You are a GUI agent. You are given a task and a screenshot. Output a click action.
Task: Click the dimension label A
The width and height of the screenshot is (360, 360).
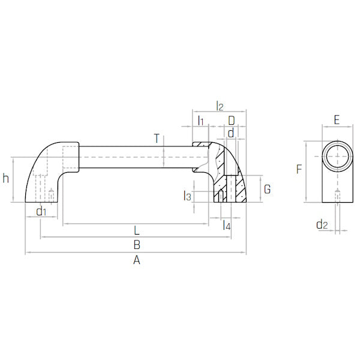(137, 260)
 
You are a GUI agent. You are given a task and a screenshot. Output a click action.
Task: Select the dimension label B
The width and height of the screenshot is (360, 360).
(137, 245)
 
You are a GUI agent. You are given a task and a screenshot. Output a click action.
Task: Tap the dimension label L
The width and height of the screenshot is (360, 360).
(137, 230)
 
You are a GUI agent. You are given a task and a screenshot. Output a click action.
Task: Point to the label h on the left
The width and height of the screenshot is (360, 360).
(6, 178)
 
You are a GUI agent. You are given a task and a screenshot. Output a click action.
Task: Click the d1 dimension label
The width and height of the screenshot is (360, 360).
(41, 211)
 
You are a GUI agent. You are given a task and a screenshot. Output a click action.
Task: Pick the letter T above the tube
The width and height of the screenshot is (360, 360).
(157, 139)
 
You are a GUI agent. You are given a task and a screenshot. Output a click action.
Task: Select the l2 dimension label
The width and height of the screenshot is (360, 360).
(220, 106)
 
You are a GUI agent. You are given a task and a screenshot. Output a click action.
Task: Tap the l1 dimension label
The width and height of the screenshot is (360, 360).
(201, 121)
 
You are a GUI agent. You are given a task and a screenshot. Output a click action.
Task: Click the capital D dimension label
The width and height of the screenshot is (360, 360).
(232, 121)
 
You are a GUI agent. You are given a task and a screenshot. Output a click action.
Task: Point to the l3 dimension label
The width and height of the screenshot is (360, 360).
(187, 196)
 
